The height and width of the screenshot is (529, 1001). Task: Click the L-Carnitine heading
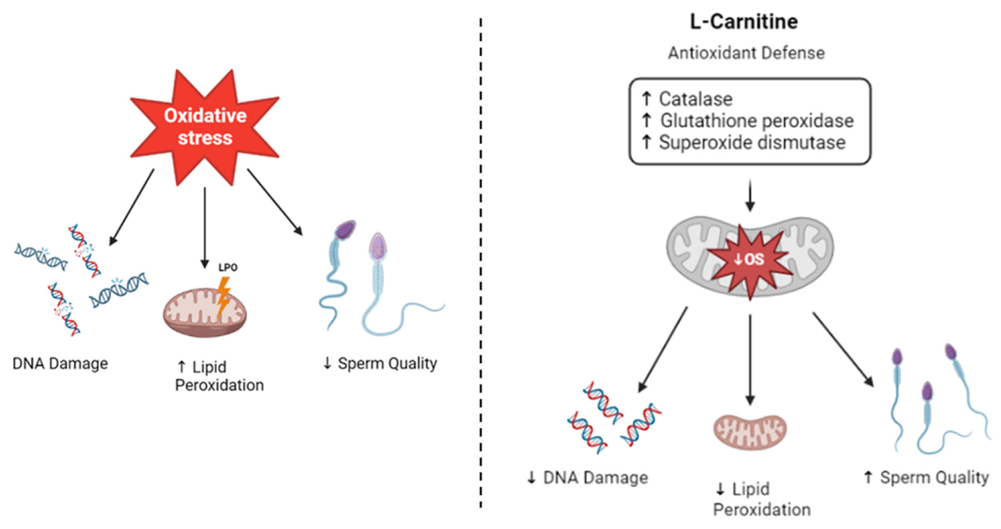click(743, 22)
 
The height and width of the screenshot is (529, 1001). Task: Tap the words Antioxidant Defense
click(746, 53)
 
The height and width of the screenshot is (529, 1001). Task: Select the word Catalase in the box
click(695, 99)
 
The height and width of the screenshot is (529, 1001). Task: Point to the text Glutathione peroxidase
click(756, 121)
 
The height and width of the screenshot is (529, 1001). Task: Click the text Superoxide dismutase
click(751, 143)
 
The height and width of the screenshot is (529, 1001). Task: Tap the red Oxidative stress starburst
click(205, 126)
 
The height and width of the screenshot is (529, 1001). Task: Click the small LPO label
click(228, 267)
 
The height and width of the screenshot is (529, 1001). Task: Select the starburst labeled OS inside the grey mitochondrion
click(749, 259)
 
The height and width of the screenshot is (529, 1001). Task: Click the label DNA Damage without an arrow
click(60, 364)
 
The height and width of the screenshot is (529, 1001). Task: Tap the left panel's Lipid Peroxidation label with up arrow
click(218, 376)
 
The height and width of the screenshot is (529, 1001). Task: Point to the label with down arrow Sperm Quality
click(380, 364)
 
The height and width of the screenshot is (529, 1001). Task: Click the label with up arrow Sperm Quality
click(926, 478)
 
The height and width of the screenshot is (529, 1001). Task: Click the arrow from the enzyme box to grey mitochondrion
click(749, 195)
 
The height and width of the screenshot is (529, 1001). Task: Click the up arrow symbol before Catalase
click(646, 98)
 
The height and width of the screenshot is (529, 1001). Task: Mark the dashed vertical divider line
click(480, 263)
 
